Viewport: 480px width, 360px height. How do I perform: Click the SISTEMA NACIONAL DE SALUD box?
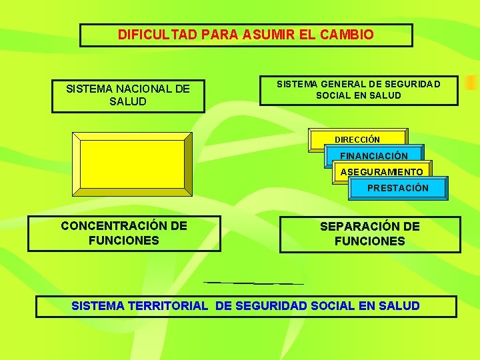tap(128, 95)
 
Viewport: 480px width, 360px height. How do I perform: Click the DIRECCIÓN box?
tap(357, 140)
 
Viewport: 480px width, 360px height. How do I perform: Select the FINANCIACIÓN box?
tap(374, 156)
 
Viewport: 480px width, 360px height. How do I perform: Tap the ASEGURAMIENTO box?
tap(381, 172)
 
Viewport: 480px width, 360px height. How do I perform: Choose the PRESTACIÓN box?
tap(398, 188)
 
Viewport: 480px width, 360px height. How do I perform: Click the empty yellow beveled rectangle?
tap(132, 164)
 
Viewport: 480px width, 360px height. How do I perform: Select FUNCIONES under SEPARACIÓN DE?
tap(369, 241)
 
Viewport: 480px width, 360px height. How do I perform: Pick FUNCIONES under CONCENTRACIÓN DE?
tap(123, 241)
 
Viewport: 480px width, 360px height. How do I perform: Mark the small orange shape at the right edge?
tap(471, 83)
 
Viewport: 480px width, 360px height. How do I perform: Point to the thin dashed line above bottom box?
tap(253, 283)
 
